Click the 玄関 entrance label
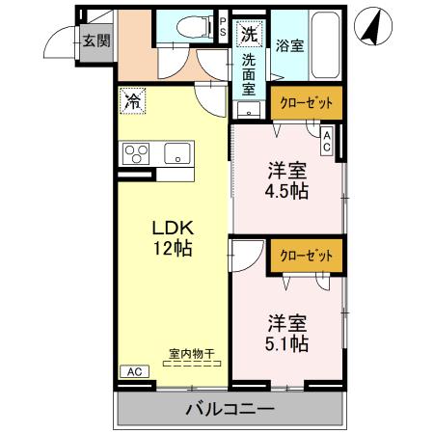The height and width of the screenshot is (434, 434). (x=94, y=41)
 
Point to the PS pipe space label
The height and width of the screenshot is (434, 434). (x=223, y=28)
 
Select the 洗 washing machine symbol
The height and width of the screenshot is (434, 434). (x=249, y=34)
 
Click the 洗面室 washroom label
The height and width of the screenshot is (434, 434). (x=249, y=73)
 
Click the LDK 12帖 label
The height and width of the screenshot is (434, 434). (x=175, y=238)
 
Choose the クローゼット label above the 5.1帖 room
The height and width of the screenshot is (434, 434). (x=305, y=256)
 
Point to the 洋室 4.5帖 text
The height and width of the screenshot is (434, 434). (x=286, y=180)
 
